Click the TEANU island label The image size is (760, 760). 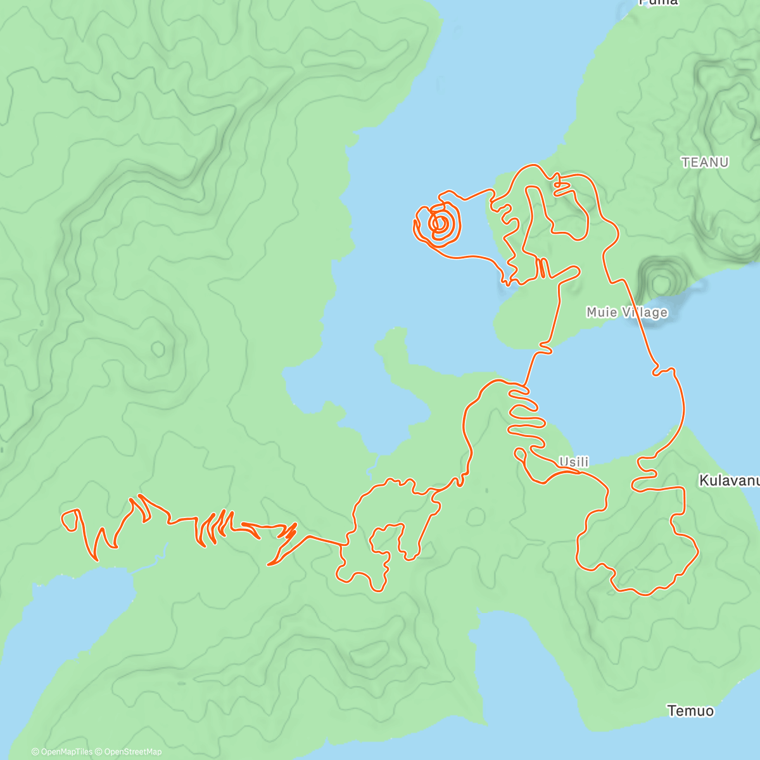click(x=705, y=163)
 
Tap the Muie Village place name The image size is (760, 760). click(x=626, y=312)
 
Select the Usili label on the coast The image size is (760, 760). click(x=573, y=462)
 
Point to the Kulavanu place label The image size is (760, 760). click(x=728, y=481)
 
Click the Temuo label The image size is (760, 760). click(x=690, y=711)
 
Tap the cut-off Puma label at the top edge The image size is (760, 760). click(x=659, y=3)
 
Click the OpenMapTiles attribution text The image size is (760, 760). click(x=61, y=752)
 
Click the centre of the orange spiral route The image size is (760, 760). click(x=439, y=223)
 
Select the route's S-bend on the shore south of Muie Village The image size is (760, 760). click(x=545, y=346)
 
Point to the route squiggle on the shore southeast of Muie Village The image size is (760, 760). click(x=664, y=370)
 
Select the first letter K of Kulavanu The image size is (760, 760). click(x=704, y=481)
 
